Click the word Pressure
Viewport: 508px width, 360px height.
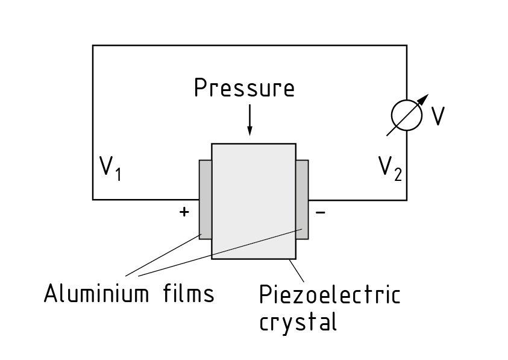click(x=244, y=88)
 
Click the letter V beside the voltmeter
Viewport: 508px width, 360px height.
click(x=438, y=116)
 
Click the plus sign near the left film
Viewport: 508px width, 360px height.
click(x=184, y=212)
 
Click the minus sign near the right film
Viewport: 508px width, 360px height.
click(x=321, y=212)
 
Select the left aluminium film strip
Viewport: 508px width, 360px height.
click(x=205, y=199)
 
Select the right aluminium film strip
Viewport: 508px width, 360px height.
click(x=302, y=199)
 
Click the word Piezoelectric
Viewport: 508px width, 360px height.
click(x=329, y=295)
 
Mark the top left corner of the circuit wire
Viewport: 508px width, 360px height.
click(x=93, y=45)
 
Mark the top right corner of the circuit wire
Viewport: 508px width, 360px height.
click(x=406, y=45)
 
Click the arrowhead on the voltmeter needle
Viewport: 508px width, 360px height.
click(x=425, y=97)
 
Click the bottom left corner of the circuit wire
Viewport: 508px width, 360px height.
click(x=93, y=199)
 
